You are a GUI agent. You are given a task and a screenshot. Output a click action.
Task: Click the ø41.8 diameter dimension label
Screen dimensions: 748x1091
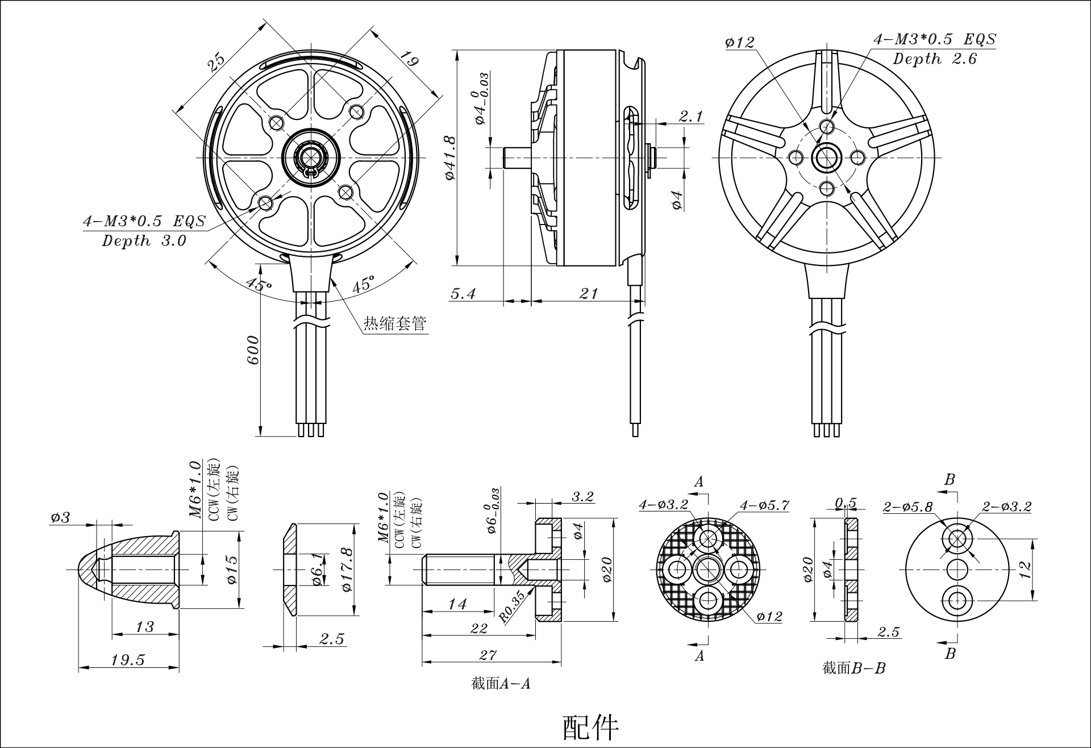pos(450,157)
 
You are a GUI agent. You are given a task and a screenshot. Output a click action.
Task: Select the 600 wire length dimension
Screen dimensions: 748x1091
pos(253,351)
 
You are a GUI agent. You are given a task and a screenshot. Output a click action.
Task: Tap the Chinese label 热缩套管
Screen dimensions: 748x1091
pos(395,324)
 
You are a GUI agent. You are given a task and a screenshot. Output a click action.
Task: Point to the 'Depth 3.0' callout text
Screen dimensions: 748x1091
pos(144,241)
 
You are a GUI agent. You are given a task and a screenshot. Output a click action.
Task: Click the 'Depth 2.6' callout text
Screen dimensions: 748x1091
pos(935,59)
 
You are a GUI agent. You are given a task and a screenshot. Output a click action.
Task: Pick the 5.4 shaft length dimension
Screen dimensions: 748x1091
pos(463,293)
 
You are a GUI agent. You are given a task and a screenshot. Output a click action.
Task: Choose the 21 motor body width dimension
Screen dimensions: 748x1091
pos(589,293)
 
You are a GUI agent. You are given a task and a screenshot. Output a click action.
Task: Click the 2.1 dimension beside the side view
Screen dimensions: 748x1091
pos(691,117)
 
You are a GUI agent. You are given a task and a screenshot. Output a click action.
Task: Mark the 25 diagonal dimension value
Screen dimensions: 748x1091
pos(216,61)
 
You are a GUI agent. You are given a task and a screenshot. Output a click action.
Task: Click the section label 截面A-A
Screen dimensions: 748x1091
pos(501,684)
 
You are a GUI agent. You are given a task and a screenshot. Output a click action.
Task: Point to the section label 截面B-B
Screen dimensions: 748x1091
pos(853,668)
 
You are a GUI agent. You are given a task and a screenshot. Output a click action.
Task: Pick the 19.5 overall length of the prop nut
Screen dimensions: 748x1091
pos(128,660)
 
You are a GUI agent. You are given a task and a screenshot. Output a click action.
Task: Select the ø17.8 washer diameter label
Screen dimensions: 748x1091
pos(348,569)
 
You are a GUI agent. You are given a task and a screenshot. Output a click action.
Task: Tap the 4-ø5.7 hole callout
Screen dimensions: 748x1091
pos(764,505)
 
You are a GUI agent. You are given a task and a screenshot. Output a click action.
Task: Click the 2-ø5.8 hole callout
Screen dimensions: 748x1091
pos(907,507)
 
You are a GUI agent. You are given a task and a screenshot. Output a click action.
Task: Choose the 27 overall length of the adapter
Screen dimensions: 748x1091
pos(488,655)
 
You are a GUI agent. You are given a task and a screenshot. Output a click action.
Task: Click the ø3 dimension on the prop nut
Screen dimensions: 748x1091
pos(60,517)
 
